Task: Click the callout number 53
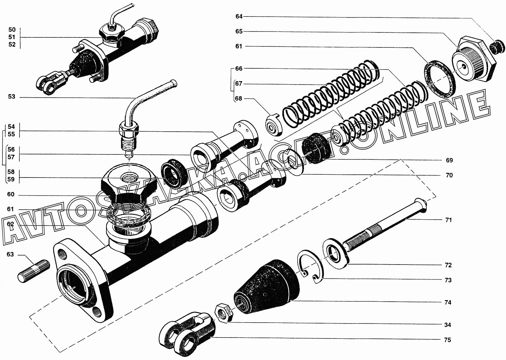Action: tap(12, 97)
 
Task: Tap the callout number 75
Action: tap(447, 340)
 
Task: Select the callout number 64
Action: tap(239, 16)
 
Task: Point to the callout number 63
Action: tap(10, 255)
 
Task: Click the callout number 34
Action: tap(447, 325)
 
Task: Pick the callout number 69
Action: tap(449, 160)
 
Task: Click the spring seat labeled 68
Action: tap(274, 125)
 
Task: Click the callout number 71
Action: tap(448, 220)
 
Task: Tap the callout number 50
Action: tap(12, 30)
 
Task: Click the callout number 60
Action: tap(11, 195)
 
